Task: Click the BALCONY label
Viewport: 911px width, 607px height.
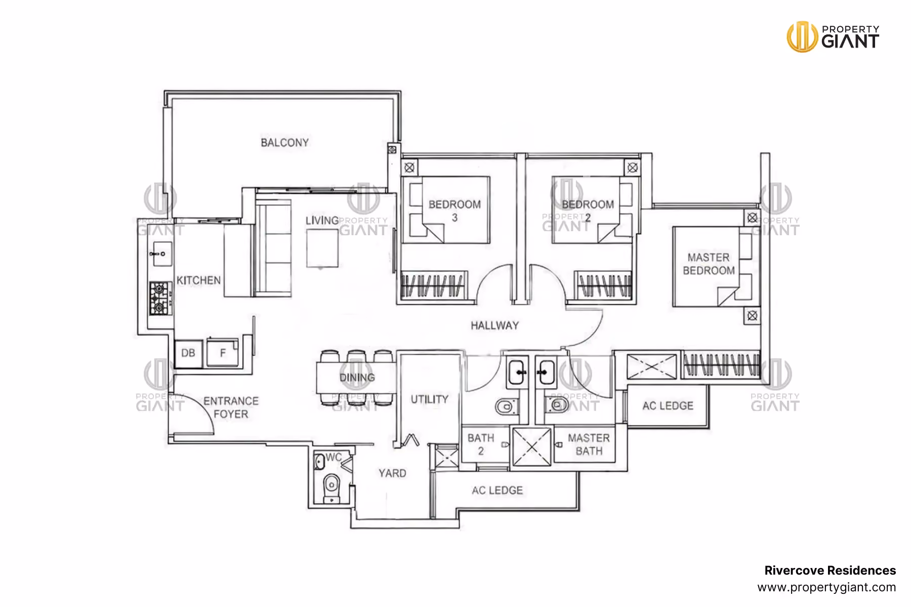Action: click(284, 143)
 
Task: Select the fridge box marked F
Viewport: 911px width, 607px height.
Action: click(222, 353)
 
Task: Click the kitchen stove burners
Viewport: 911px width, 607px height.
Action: click(160, 298)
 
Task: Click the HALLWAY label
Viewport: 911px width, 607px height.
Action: click(494, 326)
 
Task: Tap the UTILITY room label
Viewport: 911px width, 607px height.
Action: click(429, 399)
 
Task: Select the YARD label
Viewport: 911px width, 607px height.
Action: click(392, 473)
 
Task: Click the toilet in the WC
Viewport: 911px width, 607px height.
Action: click(332, 486)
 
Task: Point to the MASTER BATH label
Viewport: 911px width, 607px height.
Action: click(589, 444)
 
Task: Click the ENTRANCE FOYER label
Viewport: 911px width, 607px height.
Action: click(231, 407)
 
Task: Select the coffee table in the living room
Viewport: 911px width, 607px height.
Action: click(322, 248)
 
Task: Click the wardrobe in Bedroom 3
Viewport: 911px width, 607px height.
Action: click(433, 285)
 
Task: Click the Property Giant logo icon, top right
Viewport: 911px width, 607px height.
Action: click(802, 36)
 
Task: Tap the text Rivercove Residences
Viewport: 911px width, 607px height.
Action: click(830, 571)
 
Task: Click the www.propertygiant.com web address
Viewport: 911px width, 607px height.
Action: click(826, 588)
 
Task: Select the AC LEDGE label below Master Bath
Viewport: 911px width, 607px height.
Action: click(497, 490)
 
